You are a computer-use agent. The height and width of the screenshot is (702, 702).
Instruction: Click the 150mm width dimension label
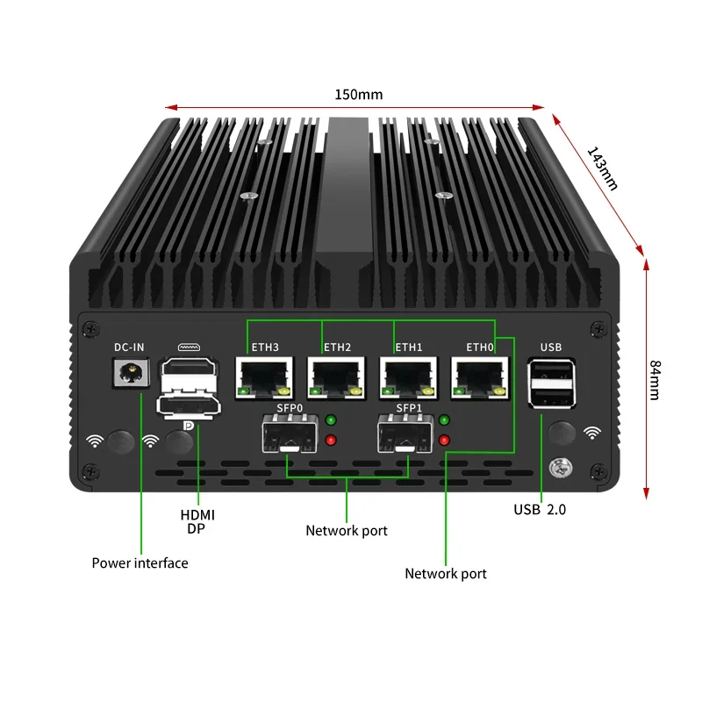(358, 95)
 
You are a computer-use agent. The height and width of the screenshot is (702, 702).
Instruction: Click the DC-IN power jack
(129, 376)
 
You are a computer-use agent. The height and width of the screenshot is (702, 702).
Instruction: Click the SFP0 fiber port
(288, 434)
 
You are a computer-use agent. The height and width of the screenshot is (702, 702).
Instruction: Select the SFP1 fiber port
(405, 434)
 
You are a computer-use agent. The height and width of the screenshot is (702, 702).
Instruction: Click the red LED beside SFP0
(331, 440)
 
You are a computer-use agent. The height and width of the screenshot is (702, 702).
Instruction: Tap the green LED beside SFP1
(445, 420)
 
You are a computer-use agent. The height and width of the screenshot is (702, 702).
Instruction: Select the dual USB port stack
(551, 383)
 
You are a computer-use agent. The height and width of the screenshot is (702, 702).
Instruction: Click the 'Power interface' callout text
(140, 562)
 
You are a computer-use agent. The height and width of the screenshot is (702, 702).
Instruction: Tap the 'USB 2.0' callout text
(540, 509)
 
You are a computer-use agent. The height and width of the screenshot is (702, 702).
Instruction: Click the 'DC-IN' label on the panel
(129, 347)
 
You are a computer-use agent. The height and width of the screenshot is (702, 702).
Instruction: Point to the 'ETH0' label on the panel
(480, 347)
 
